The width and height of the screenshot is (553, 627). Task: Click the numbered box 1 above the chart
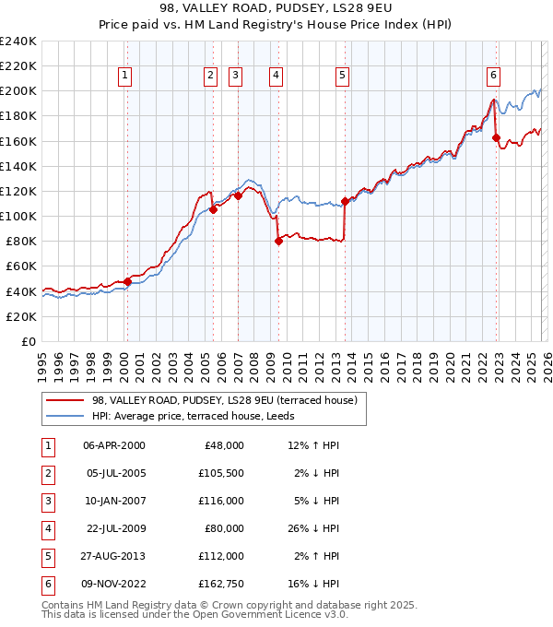pyautogui.click(x=124, y=76)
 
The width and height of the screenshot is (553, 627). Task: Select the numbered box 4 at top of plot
pyautogui.click(x=276, y=76)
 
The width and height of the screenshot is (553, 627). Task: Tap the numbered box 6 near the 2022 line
pyautogui.click(x=494, y=76)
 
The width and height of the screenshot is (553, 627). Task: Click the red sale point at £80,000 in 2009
pyautogui.click(x=278, y=242)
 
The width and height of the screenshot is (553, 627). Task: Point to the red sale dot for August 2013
pyautogui.click(x=345, y=201)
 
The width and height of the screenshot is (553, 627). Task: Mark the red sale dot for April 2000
pyautogui.click(x=128, y=281)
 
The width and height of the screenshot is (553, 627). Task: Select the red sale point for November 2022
pyautogui.click(x=496, y=138)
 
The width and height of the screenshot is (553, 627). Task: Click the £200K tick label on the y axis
pyautogui.click(x=18, y=91)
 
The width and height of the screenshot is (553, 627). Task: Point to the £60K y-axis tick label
pyautogui.click(x=20, y=266)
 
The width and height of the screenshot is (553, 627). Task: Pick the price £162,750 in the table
pyautogui.click(x=218, y=584)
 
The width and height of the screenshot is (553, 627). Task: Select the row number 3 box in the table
pyautogui.click(x=46, y=501)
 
